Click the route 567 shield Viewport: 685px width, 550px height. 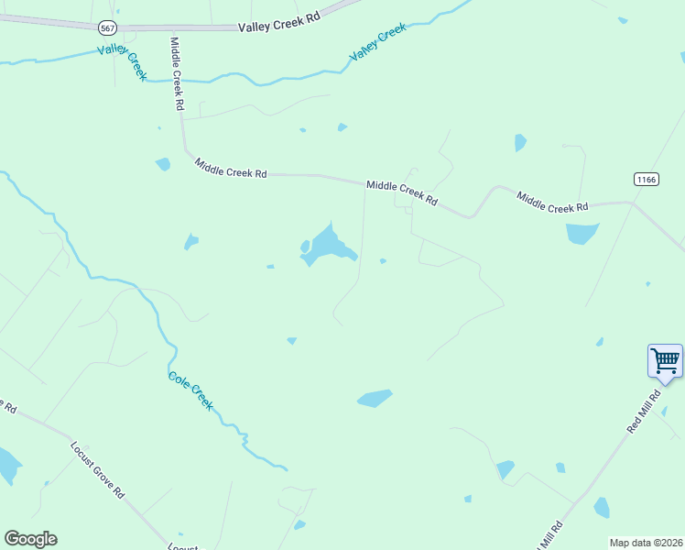[108, 28]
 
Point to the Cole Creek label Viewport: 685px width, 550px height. [191, 390]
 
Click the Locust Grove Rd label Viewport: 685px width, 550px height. [97, 468]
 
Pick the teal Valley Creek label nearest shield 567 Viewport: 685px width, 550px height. [122, 61]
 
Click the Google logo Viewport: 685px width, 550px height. [30, 539]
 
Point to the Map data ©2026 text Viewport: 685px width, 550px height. [646, 543]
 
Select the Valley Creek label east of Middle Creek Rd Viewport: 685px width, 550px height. [377, 44]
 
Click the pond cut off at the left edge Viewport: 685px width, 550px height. [7, 466]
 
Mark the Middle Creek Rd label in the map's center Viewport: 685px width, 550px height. [401, 192]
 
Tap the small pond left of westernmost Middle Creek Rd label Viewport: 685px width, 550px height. [163, 164]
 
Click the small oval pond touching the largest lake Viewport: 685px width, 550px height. [305, 246]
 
